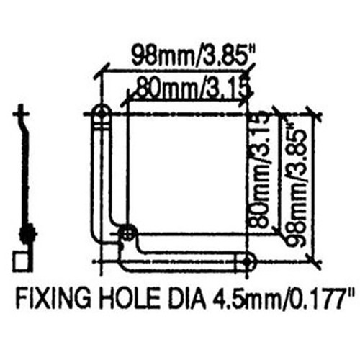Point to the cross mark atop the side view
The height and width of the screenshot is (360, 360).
tap(24, 112)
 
